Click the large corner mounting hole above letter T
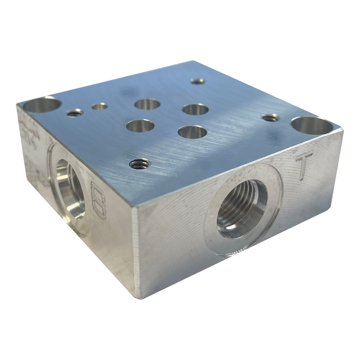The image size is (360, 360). tap(311, 126)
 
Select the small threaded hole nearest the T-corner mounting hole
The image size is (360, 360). tap(270, 118)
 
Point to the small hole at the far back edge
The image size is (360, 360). tap(197, 81)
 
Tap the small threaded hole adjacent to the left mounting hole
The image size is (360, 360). tap(75, 112)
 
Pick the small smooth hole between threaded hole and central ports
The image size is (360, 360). tap(99, 106)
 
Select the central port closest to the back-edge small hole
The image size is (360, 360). tap(195, 109)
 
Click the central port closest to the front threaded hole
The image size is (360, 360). tap(140, 126)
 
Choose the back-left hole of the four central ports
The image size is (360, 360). tap(147, 104)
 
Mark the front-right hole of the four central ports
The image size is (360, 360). tap(192, 132)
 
